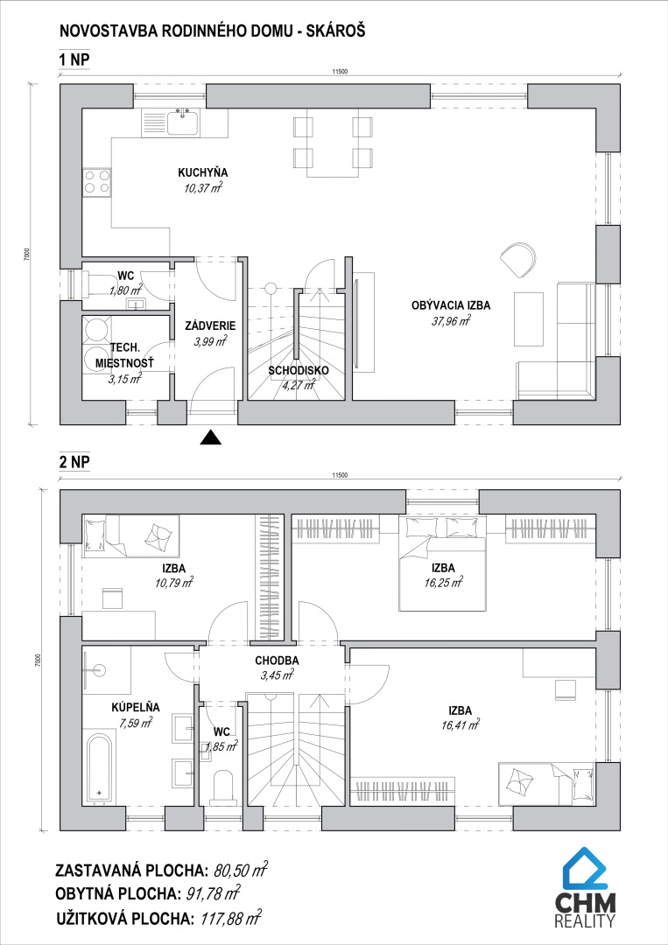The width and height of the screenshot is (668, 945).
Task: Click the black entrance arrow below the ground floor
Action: [x=210, y=437]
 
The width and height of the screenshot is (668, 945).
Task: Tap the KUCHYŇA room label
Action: [x=202, y=173]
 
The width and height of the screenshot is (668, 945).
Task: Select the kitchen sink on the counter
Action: [x=183, y=123]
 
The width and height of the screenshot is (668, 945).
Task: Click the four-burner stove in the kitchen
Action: [x=97, y=182]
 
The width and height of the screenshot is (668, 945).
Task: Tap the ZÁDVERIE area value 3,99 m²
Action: [x=210, y=342]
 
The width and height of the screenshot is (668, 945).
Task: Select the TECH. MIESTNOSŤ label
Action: [x=125, y=355]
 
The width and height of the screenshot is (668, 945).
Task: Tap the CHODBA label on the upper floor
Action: [x=277, y=661]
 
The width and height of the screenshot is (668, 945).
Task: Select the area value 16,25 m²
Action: [x=443, y=583]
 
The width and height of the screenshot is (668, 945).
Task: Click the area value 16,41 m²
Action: [x=460, y=725]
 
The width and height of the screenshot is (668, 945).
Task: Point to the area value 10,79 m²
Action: [x=173, y=583]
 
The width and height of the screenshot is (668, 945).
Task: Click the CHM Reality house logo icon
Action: [x=585, y=866]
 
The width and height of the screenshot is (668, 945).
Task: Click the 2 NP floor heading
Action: [x=74, y=462]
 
